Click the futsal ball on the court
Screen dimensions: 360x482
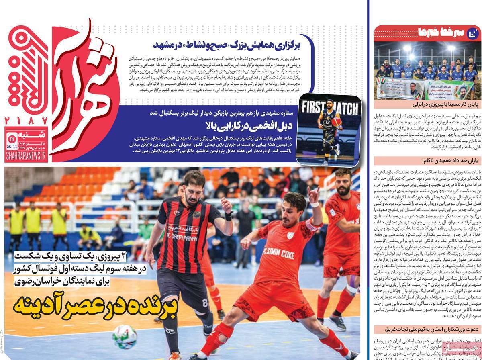click(125, 336)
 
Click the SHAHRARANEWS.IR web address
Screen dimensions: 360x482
click(26, 157)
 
